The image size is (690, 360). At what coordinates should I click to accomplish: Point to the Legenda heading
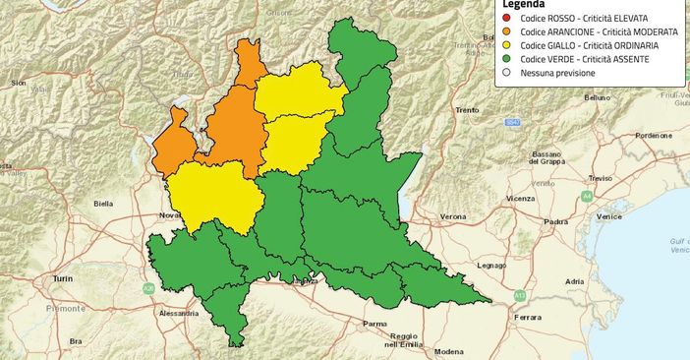(524, 5)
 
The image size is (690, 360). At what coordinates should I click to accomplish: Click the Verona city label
(453, 215)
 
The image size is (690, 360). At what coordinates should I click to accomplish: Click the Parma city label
(374, 323)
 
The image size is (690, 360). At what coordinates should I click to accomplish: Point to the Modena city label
(449, 351)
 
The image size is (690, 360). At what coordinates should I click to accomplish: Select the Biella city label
(103, 204)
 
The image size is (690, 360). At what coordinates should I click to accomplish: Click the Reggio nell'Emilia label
(406, 340)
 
